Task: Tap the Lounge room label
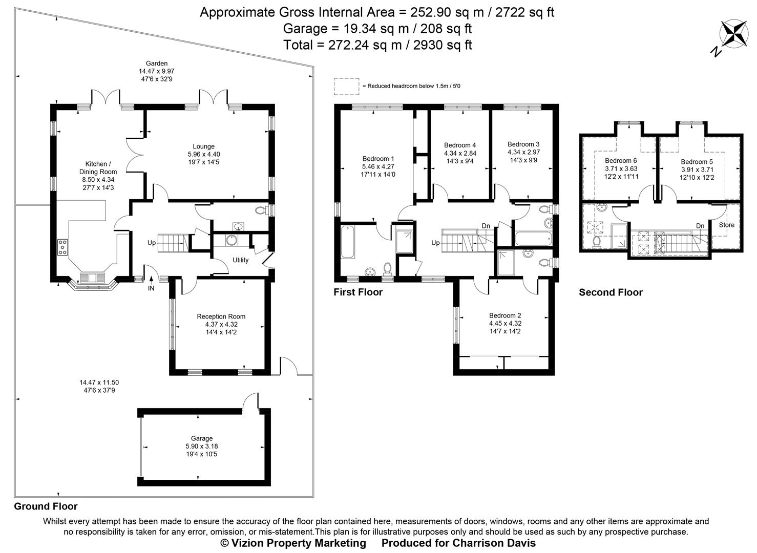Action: [x=204, y=146]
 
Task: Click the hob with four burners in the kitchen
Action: [x=63, y=247]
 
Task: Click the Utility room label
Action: [x=240, y=260]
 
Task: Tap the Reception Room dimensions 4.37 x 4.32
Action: [x=221, y=324]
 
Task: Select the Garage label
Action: [x=202, y=438]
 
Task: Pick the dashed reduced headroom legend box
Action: [x=346, y=87]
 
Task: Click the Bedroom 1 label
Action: [x=378, y=159]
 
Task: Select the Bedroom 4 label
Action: [x=460, y=145]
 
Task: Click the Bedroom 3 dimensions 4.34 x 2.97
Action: [x=523, y=152]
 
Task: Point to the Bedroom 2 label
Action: [x=505, y=315]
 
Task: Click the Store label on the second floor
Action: [x=726, y=225]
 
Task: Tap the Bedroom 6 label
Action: [x=621, y=161]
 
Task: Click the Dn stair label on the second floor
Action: [x=700, y=226]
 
